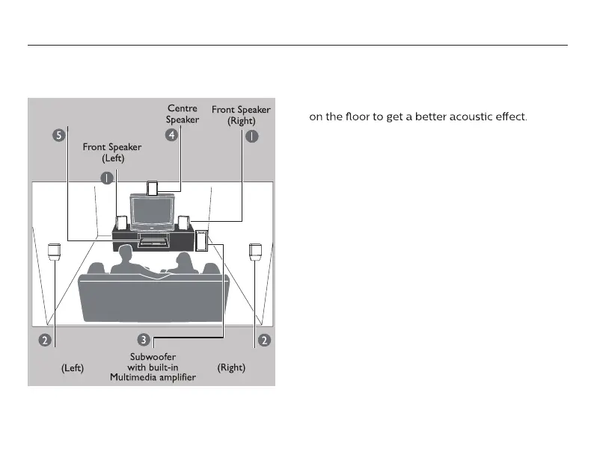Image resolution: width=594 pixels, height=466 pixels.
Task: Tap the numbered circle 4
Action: click(171, 135)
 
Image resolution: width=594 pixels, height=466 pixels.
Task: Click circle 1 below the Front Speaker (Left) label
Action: click(108, 177)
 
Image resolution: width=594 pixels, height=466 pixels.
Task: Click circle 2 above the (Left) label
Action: click(45, 340)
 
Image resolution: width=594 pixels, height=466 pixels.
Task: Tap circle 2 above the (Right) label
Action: click(263, 340)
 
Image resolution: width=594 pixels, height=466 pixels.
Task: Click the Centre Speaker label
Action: click(182, 114)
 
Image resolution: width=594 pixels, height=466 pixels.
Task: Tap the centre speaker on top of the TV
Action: click(153, 187)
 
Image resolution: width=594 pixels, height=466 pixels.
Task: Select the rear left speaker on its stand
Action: click(54, 251)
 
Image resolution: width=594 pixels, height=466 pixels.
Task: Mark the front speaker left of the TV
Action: click(120, 223)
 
